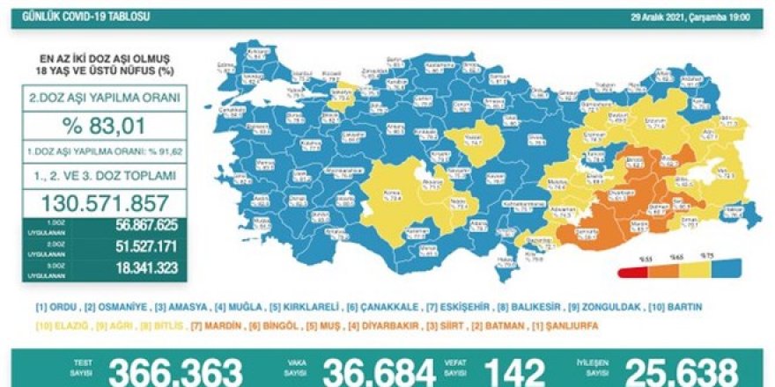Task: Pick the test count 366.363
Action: point(175,372)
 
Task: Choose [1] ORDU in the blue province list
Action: point(52,308)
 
